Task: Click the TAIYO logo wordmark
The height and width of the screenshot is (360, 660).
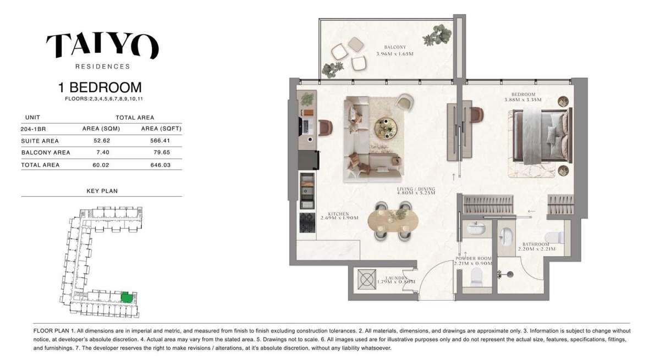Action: tap(102, 46)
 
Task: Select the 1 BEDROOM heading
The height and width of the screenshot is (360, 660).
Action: tap(100, 87)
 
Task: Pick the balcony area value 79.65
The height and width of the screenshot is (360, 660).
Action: tap(162, 153)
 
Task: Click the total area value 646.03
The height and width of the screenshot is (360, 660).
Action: tap(162, 165)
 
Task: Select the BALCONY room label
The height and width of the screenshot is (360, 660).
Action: tap(395, 47)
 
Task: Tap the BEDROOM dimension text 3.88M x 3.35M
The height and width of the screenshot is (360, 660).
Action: tap(523, 100)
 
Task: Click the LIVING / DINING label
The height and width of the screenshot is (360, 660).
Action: tap(416, 189)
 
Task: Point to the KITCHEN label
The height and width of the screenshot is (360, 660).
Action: tap(339, 213)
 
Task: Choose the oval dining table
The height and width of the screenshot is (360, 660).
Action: tap(393, 221)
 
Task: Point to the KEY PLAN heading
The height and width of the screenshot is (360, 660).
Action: tap(102, 191)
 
